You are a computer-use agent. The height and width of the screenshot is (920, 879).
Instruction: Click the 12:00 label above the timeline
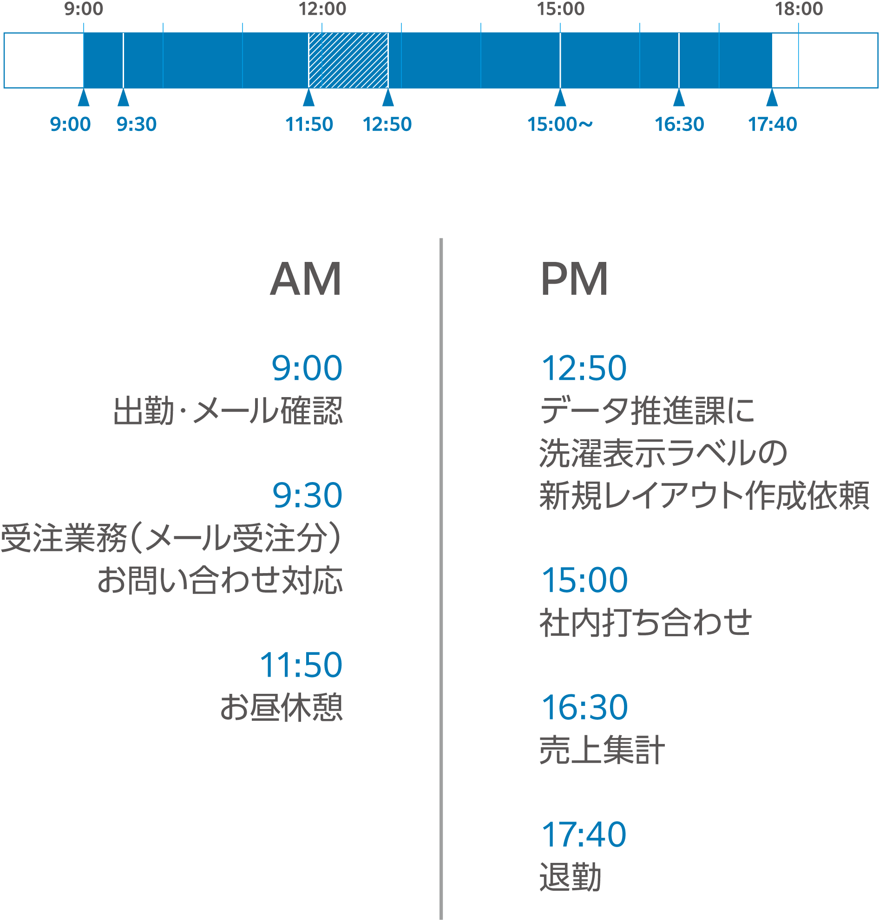pos(322,9)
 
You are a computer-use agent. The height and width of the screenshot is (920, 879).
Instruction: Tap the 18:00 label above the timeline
pos(799,9)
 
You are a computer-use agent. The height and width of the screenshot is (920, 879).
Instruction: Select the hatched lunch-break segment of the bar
pos(348,60)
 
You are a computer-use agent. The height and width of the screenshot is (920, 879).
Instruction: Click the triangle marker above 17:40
pos(772,98)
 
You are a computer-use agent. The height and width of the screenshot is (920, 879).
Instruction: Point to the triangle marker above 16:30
pos(679,98)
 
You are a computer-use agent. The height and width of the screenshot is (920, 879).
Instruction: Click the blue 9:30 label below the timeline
pos(136,124)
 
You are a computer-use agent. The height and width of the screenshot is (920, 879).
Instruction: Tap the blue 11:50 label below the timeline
pos(309,124)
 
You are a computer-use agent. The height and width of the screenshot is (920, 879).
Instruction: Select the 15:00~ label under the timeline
pos(560,124)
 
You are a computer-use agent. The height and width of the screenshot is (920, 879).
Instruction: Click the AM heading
pos(306,279)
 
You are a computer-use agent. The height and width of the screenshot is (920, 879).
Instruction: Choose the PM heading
pos(574,279)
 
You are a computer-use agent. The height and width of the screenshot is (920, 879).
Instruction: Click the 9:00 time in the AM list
pos(308,368)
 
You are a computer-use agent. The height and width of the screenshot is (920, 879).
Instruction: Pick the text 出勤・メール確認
pos(228,411)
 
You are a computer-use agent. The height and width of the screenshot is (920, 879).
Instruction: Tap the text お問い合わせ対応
pos(220,581)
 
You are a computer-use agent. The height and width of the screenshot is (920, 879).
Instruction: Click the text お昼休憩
pos(282,707)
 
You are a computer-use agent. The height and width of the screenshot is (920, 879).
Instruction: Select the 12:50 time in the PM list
pos(584,368)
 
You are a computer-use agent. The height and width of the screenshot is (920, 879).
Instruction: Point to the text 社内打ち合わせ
pos(646,623)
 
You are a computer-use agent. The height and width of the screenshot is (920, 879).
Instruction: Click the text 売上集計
pos(602,750)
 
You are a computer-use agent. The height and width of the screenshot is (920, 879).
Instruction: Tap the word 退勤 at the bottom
pos(570,877)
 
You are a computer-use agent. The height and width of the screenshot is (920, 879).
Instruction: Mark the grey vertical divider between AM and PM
pos(441,579)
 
